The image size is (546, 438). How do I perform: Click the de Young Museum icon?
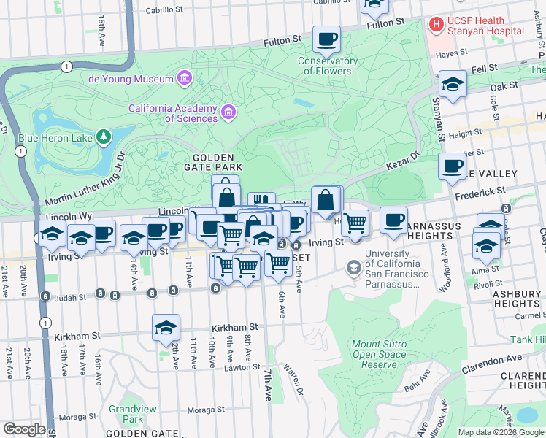pos(184,78)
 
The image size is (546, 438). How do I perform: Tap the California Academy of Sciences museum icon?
pos(228,112)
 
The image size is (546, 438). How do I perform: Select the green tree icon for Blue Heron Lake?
pos(104,136)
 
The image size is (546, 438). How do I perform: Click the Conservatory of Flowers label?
pos(328,66)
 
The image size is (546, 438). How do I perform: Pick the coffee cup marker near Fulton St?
pos(326,39)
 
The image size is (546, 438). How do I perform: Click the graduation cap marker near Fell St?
pos(453,85)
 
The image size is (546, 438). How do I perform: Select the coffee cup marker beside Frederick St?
pos(452,166)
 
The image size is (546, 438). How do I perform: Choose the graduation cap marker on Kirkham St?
pos(166,328)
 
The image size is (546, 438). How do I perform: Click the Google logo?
pos(24,429)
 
